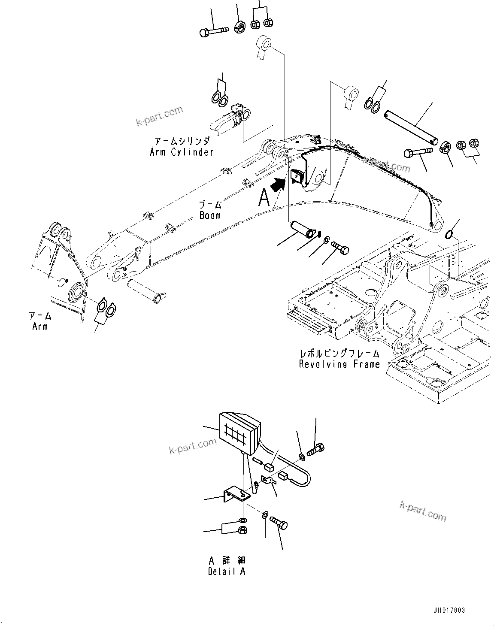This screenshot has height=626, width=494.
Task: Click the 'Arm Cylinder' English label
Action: tap(182, 152)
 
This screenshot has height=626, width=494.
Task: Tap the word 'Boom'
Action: tap(210, 215)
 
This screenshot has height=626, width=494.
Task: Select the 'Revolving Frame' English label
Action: tap(339, 364)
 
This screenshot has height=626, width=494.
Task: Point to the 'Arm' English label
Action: tap(40, 326)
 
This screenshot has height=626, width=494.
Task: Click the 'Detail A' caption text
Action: tap(227, 572)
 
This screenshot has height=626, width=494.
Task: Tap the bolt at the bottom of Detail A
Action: tap(279, 523)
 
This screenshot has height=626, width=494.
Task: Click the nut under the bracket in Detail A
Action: tap(242, 530)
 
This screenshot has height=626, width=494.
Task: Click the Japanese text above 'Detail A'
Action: tap(227, 560)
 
